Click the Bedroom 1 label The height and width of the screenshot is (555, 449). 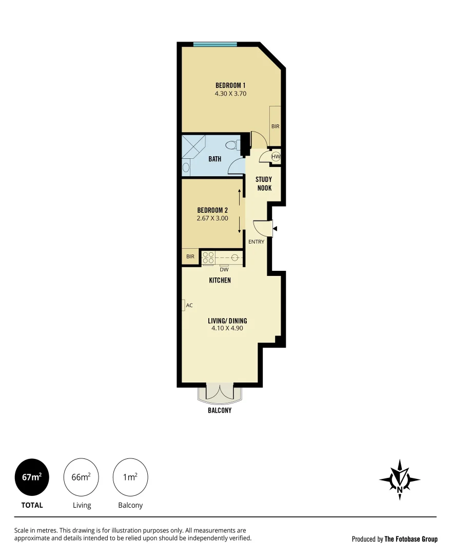pyautogui.click(x=230, y=85)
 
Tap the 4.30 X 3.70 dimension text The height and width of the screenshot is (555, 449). pyautogui.click(x=230, y=94)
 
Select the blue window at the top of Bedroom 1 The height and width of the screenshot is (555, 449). pyautogui.click(x=215, y=45)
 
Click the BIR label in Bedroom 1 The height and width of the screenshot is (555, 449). pyautogui.click(x=276, y=126)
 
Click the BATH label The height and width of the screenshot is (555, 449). pyautogui.click(x=214, y=159)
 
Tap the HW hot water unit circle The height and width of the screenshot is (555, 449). pyautogui.click(x=276, y=157)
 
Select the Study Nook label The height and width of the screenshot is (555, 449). pyautogui.click(x=264, y=184)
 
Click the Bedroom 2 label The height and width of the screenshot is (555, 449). pyautogui.click(x=212, y=210)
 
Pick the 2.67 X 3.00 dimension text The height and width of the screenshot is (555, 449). pyautogui.click(x=212, y=218)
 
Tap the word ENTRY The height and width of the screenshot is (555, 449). pyautogui.click(x=256, y=242)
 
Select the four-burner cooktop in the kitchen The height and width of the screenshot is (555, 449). pyautogui.click(x=208, y=257)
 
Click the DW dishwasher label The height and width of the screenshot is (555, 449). pyautogui.click(x=224, y=269)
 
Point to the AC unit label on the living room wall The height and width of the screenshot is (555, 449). pyautogui.click(x=189, y=305)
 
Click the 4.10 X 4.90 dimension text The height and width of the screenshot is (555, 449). pyautogui.click(x=224, y=328)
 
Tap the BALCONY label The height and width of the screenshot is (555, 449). pyautogui.click(x=220, y=411)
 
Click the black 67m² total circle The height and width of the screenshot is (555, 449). pyautogui.click(x=32, y=477)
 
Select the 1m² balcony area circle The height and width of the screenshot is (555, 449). pyautogui.click(x=130, y=477)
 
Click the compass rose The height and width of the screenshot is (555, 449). pyautogui.click(x=400, y=479)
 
